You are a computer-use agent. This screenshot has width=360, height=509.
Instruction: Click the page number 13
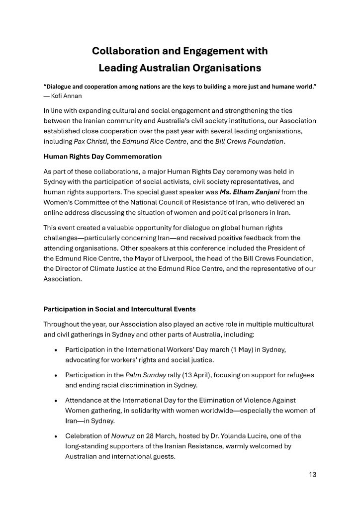(312, 474)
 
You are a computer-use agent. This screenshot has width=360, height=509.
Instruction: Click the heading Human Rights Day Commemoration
(102, 157)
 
